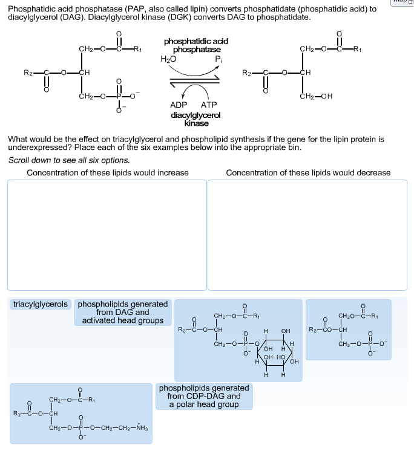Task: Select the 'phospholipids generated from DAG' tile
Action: click(123, 312)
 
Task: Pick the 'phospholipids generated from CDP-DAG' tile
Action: click(204, 396)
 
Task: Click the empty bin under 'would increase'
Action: click(107, 235)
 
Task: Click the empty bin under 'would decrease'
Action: click(307, 235)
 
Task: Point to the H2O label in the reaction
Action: click(168, 59)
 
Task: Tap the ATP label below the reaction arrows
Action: click(209, 105)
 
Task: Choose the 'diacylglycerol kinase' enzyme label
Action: click(196, 118)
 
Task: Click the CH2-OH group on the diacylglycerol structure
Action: click(319, 96)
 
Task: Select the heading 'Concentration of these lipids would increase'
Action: click(108, 173)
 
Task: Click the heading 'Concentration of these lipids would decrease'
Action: click(308, 173)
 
